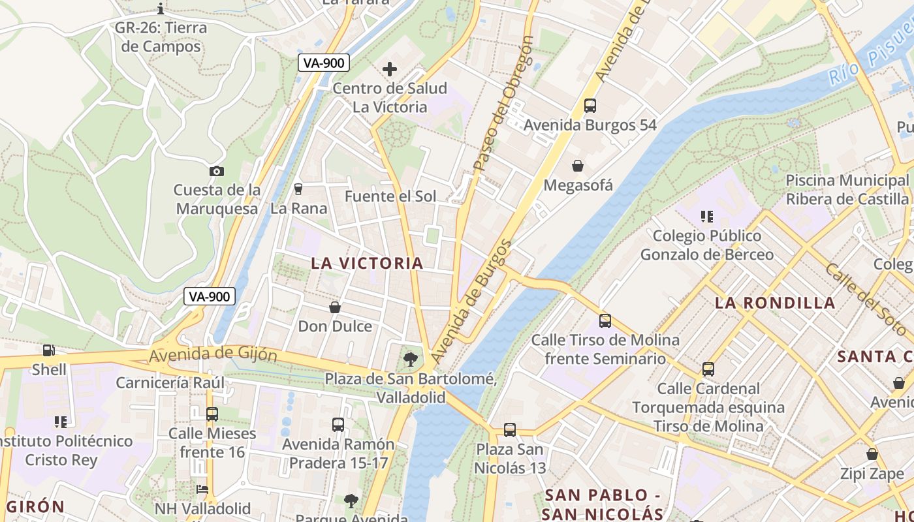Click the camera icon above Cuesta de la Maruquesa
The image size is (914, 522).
(x=217, y=171)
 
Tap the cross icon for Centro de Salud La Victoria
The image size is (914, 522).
(x=390, y=69)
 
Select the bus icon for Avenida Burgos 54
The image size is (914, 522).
(x=590, y=106)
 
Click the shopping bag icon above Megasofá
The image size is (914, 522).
(x=578, y=166)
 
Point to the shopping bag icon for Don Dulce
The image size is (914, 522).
(x=335, y=307)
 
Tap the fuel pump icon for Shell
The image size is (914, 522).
(x=49, y=350)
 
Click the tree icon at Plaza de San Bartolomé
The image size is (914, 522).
(x=411, y=358)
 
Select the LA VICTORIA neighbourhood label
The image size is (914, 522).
(x=367, y=263)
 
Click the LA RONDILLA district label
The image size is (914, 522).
(x=775, y=303)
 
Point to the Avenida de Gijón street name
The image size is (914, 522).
(x=213, y=355)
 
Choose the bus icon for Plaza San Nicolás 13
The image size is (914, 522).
(x=510, y=430)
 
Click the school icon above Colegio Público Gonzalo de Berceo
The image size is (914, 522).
(x=706, y=216)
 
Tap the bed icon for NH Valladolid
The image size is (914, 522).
(x=202, y=489)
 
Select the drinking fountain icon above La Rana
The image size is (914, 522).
(x=298, y=189)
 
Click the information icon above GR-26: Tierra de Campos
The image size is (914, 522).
(x=161, y=8)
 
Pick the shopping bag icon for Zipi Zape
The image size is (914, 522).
(x=872, y=454)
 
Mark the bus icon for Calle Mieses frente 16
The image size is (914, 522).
(x=212, y=414)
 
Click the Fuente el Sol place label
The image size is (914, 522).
(x=390, y=196)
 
